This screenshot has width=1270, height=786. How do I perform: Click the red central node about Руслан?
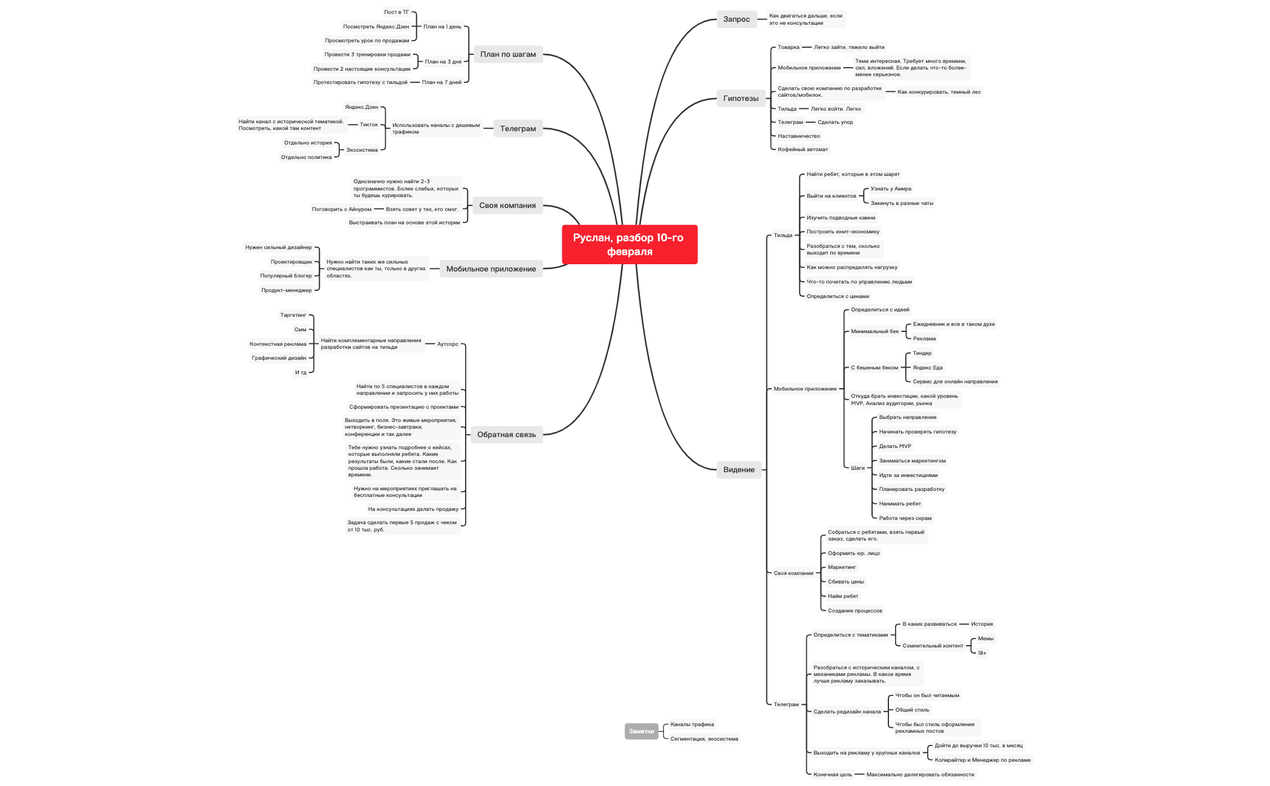tap(629, 244)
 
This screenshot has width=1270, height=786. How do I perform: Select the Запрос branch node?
tap(736, 19)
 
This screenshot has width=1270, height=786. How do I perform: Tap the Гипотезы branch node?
tap(740, 99)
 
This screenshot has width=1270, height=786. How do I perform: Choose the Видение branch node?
tap(738, 470)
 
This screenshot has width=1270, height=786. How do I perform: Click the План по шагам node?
tap(507, 54)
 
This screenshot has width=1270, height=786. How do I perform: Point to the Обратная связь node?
tap(506, 435)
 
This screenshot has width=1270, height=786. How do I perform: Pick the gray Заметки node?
tap(641, 732)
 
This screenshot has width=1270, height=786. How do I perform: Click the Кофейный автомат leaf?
tap(803, 149)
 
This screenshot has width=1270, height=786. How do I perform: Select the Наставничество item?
tap(798, 136)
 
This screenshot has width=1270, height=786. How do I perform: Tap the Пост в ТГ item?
tap(396, 12)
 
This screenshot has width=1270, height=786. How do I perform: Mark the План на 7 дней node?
tap(441, 82)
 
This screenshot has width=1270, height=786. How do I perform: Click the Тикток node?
tap(368, 125)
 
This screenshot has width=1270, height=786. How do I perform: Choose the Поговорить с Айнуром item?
tap(342, 209)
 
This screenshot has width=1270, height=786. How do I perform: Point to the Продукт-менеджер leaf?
tap(286, 290)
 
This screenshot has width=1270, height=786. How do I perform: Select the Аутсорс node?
tap(448, 344)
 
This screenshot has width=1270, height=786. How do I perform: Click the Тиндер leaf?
tap(922, 353)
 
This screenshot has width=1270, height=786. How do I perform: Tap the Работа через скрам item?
tap(905, 518)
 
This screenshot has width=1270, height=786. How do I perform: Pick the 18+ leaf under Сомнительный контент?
tap(982, 653)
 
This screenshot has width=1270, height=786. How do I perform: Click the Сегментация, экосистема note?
tap(704, 739)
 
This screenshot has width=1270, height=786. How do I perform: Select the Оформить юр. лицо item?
tap(853, 553)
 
